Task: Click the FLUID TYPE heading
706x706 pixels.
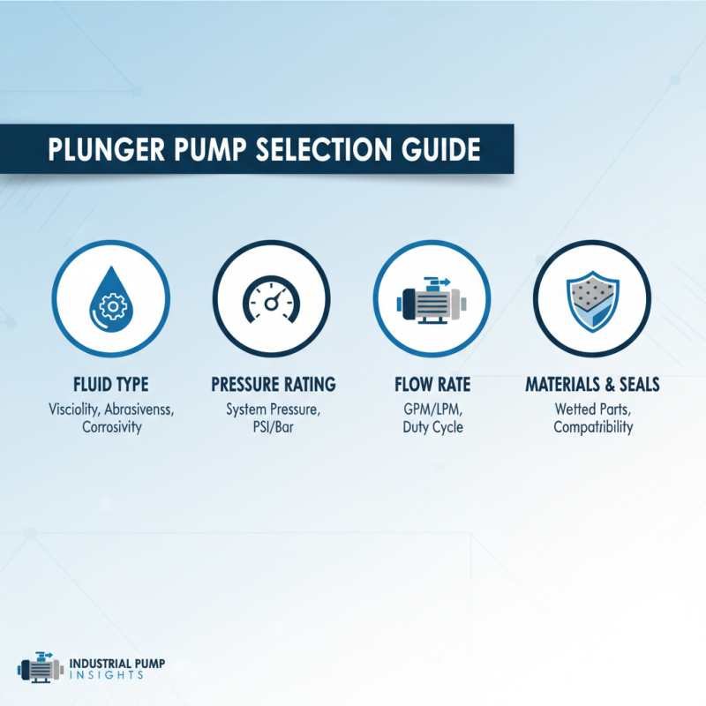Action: [111, 385]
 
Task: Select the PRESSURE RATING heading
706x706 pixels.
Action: [273, 385]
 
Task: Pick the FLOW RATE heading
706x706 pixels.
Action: [432, 385]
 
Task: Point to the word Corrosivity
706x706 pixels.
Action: [111, 427]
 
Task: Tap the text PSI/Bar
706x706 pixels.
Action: [273, 427]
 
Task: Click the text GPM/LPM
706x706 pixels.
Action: [432, 409]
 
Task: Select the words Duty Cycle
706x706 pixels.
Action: [432, 427]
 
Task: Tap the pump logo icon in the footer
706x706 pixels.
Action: [40, 669]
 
